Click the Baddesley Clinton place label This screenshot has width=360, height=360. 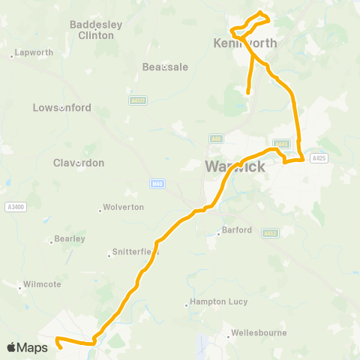96,30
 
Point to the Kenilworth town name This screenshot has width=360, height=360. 245,43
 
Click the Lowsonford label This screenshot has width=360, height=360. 62,107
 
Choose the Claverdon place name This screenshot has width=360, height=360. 79,162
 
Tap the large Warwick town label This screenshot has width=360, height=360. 235,166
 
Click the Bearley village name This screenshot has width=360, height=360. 68,239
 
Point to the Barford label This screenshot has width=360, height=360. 237,231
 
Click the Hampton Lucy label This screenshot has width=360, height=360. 213,304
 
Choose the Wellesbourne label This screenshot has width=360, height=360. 259,332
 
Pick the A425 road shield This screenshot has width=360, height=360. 319,158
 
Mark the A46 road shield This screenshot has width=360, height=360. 217,139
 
